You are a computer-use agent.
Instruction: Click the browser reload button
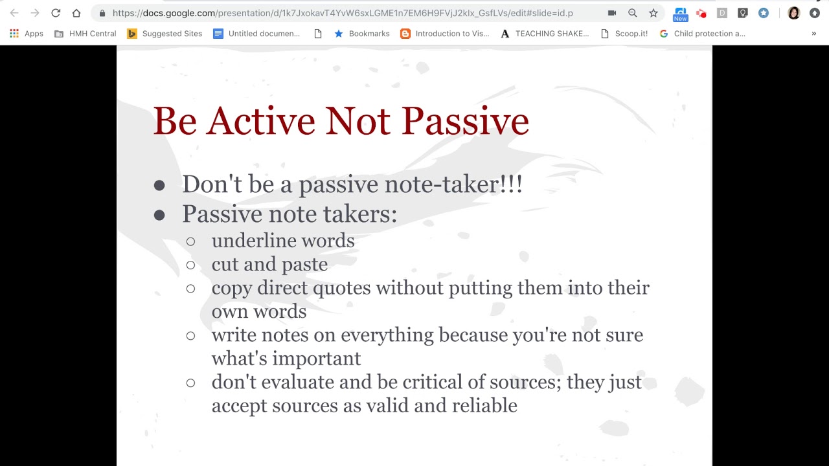tap(56, 13)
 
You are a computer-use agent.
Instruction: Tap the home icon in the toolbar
tap(76, 13)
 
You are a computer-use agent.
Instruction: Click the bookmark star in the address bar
tap(653, 14)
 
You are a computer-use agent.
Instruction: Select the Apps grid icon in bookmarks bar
tap(14, 34)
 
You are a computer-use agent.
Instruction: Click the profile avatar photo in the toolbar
tap(793, 14)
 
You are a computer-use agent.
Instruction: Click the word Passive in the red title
tap(465, 121)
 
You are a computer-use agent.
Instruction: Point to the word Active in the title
tap(260, 121)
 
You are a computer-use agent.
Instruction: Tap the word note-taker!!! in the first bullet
tap(453, 184)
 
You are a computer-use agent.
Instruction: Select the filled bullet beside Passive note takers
tap(159, 215)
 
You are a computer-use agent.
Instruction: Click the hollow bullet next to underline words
tap(190, 241)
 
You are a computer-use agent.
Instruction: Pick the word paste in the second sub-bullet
tap(304, 265)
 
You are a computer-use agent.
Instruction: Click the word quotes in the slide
tap(341, 289)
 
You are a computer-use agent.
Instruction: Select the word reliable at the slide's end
tap(484, 405)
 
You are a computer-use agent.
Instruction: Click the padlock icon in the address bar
tap(102, 14)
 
